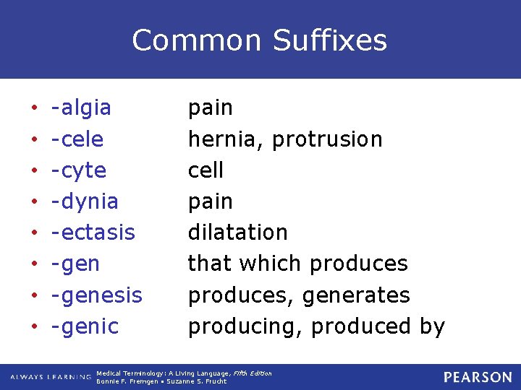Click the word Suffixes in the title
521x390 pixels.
pos(330,40)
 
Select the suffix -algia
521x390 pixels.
pos(81,108)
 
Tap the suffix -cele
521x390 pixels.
pos(77,139)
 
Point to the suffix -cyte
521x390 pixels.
pos(79,171)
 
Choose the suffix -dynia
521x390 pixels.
pos(85,201)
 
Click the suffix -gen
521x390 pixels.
pos(75,264)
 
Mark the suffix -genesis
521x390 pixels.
pos(96,295)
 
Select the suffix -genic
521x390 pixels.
pos(85,326)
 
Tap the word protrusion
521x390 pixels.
pos(326,139)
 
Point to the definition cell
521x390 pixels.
pos(206,170)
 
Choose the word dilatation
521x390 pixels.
pos(238,233)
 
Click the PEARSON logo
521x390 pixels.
pos(478,377)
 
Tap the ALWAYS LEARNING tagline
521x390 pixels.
pos(51,377)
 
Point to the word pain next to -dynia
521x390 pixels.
pos(211,201)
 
